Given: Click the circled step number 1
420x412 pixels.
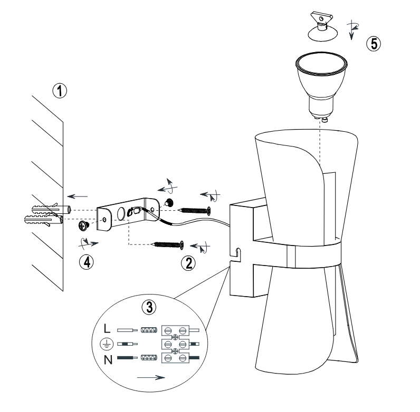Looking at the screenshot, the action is [x=60, y=91].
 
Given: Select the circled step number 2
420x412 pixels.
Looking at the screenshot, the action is [x=188, y=263].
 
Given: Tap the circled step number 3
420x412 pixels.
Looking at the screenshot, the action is [x=149, y=307].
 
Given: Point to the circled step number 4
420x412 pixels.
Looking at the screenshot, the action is [x=87, y=262].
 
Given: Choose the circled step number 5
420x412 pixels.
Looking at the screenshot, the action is [x=374, y=44].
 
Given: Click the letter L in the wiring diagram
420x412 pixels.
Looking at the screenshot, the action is [x=107, y=328].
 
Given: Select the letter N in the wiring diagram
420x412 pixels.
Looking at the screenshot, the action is [x=108, y=360].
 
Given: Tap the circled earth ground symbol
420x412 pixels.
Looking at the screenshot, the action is [x=107, y=345].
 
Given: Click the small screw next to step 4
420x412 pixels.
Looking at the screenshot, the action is [x=83, y=225].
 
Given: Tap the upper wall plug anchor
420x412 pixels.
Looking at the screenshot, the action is [x=51, y=209].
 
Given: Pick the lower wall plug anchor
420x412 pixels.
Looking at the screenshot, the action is [x=44, y=220].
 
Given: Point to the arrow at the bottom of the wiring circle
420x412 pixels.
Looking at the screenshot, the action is [x=151, y=377].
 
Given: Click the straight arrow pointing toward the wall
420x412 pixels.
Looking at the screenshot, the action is [x=78, y=197].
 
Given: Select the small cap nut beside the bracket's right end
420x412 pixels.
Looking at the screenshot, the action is [x=169, y=202].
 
